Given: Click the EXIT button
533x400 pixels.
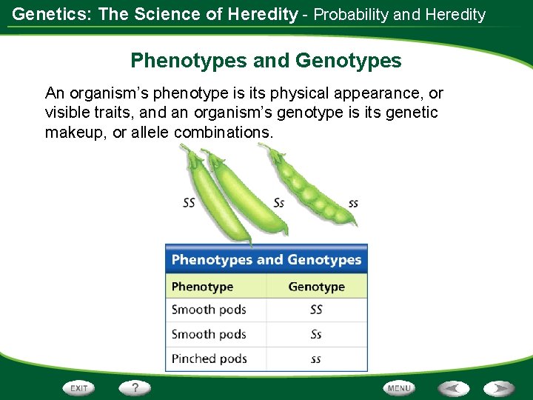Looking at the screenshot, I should pos(79,388).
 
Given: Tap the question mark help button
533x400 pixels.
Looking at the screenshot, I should pos(135,387).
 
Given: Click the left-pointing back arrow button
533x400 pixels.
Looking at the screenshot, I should pos(453,388).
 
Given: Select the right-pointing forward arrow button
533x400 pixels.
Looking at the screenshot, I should pos(500,388).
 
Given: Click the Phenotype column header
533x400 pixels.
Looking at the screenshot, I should pos(202,287).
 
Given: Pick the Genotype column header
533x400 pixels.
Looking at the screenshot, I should pos(316,287).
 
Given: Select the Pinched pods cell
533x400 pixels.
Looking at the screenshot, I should pos(209,359).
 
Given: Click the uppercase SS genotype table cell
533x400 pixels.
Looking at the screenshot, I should pos(316,310).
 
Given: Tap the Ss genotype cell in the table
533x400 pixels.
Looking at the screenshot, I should pos(316,334).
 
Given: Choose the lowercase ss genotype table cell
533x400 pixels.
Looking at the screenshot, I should pos(316,359).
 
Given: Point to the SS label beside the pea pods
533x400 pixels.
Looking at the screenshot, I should pos(190,202).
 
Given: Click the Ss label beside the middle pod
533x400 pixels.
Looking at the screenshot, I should pos(279,202).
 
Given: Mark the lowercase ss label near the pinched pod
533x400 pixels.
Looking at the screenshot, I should pos(354,203).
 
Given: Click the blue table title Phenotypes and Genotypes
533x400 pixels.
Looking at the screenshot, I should pos(266,260).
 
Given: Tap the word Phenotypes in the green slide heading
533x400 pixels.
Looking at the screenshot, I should pos(188,61).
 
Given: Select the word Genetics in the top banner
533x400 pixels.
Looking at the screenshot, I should pos(47,14).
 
